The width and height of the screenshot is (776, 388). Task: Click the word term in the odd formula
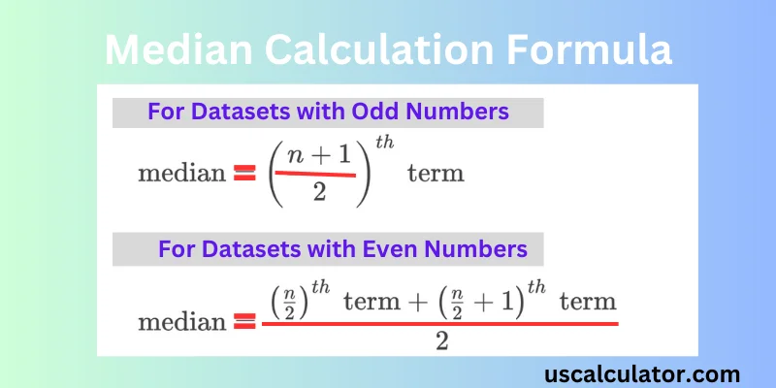pyautogui.click(x=436, y=174)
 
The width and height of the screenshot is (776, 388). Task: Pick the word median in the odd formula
pyautogui.click(x=181, y=175)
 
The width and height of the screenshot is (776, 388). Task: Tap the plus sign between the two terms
pyautogui.click(x=419, y=303)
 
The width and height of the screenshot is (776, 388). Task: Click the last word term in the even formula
pyautogui.click(x=589, y=303)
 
